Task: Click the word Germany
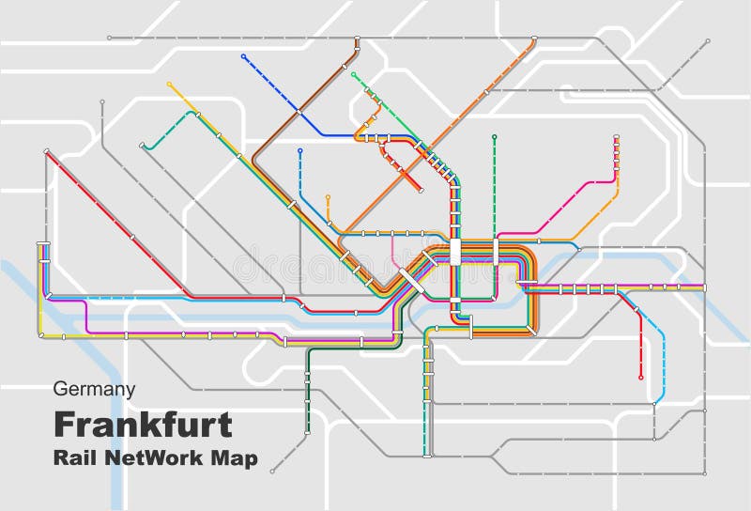click(94, 389)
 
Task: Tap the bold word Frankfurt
click(143, 425)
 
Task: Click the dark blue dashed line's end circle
click(243, 56)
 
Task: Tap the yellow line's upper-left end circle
click(169, 84)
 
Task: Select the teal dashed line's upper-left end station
click(142, 147)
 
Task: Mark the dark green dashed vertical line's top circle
click(494, 137)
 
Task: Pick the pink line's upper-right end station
click(617, 138)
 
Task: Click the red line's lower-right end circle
click(641, 378)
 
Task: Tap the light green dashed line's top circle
click(353, 74)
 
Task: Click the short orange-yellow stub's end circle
click(328, 197)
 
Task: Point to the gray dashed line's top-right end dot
click(708, 40)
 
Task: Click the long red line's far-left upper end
click(45, 150)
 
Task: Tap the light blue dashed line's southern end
click(654, 406)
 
